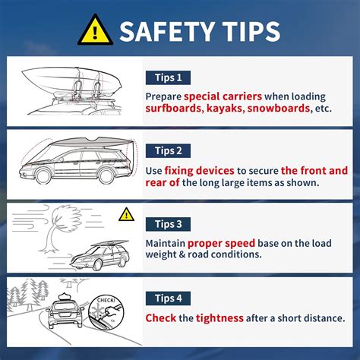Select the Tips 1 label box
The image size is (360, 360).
coord(168,77)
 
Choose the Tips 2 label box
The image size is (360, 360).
coord(168,151)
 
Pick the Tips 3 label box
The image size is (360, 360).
coord(168,224)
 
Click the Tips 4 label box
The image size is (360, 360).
coord(168,298)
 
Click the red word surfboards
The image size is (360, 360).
coord(173,108)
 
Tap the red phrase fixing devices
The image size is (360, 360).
coord(199,171)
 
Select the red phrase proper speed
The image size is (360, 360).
coord(221,244)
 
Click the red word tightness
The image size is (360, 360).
coord(219,318)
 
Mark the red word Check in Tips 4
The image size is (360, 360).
coord(161,318)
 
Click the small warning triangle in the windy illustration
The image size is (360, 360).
coord(126,214)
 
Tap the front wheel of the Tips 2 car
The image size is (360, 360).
coord(43,176)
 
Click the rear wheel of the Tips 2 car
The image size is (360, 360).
coord(106,176)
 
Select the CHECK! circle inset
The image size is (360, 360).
coord(106,313)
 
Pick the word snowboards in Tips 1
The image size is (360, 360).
coord(279,109)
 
